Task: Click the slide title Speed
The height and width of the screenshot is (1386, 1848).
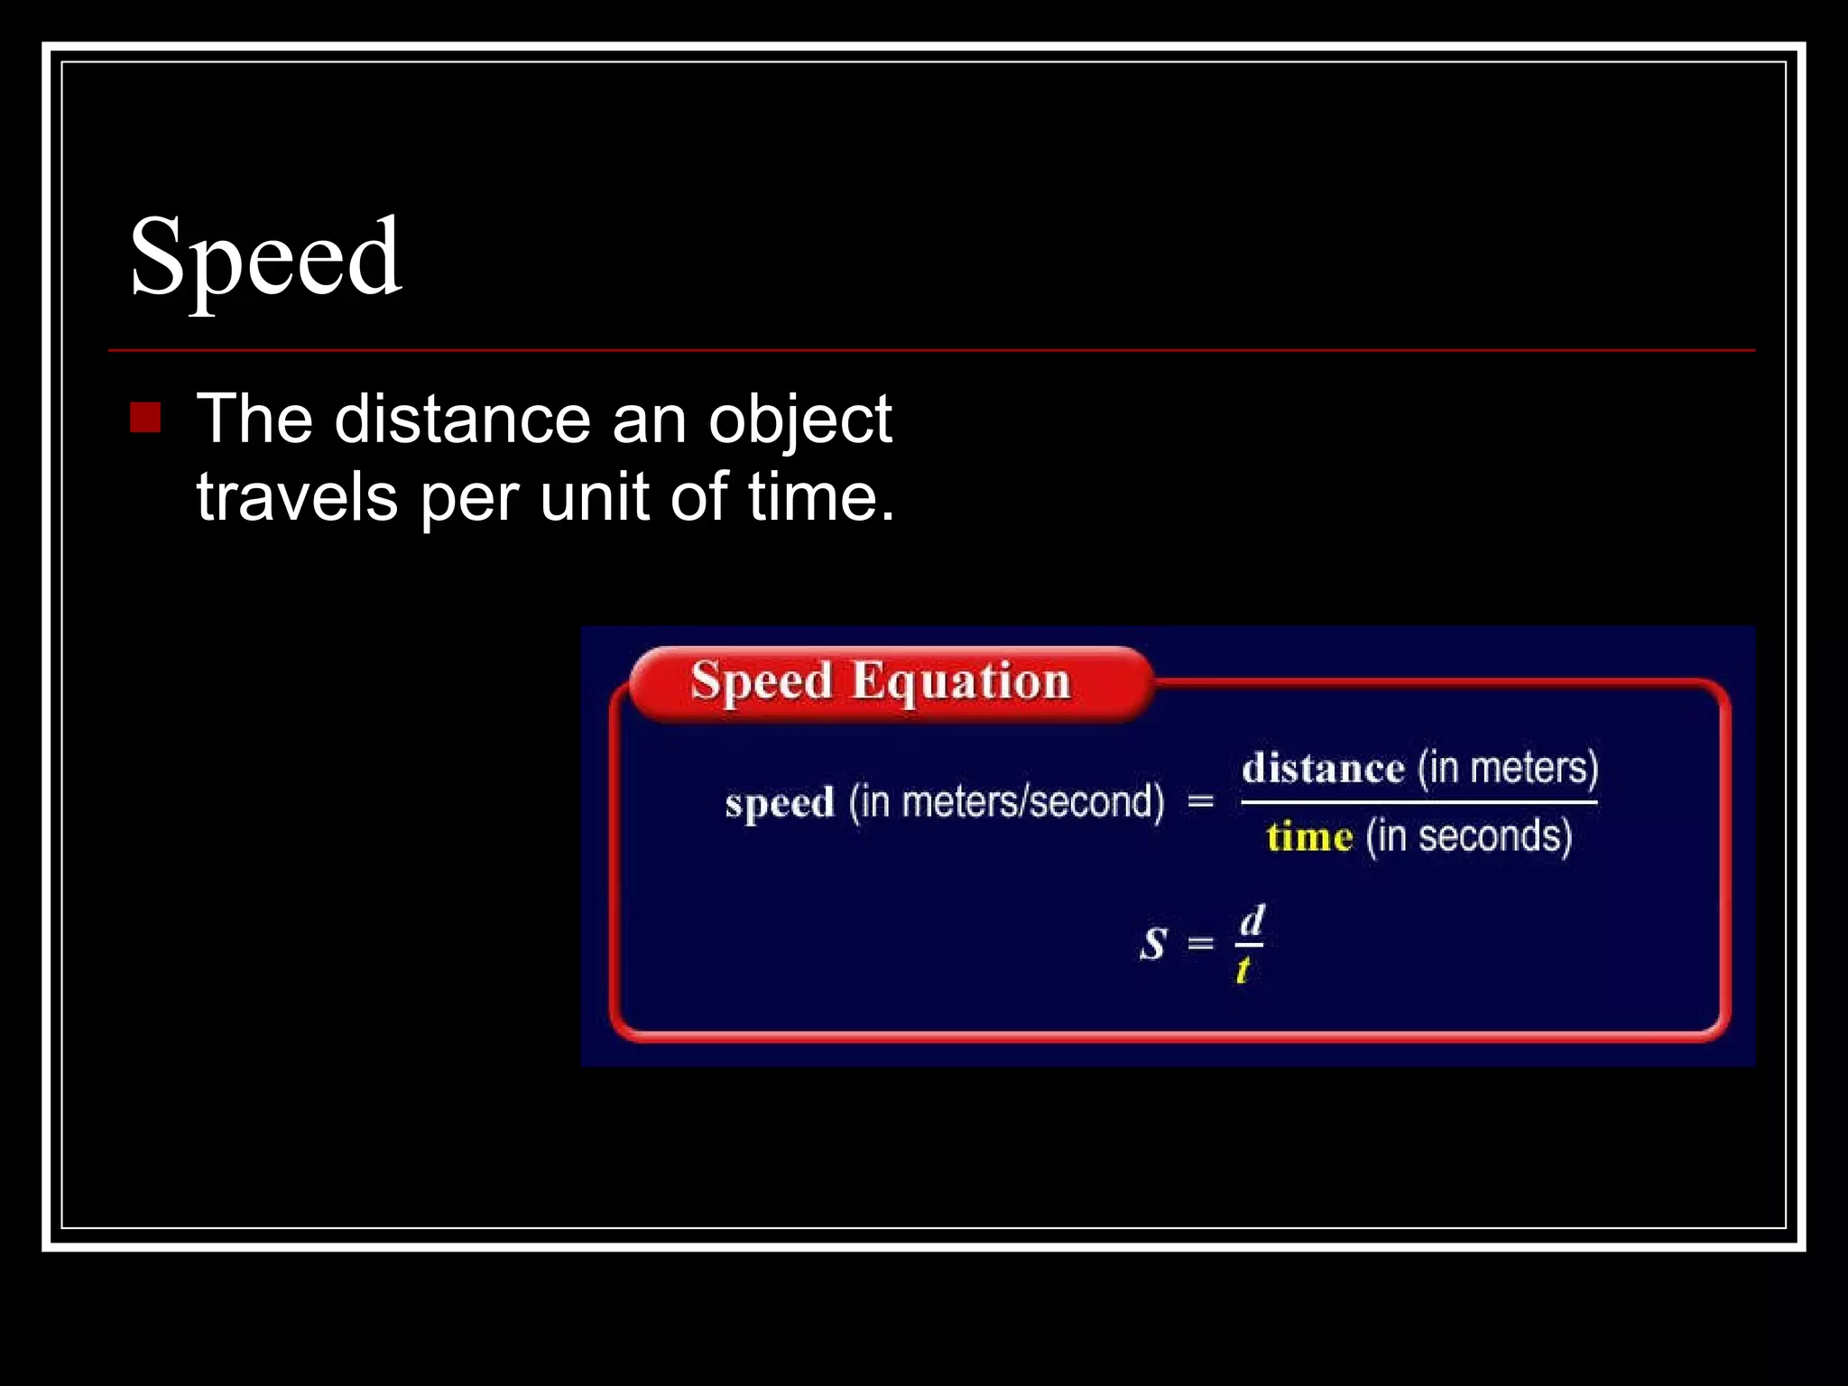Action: pyautogui.click(x=265, y=258)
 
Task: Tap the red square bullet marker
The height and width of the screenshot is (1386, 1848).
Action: pyautogui.click(x=145, y=418)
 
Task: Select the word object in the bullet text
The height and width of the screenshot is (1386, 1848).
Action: pyautogui.click(x=799, y=420)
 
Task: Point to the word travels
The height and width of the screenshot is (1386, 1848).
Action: pyautogui.click(x=297, y=496)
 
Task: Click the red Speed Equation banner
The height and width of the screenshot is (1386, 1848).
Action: pyautogui.click(x=889, y=683)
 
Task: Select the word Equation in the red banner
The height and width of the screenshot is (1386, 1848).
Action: pyautogui.click(x=961, y=681)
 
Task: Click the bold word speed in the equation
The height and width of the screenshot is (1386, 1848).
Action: pyautogui.click(x=780, y=803)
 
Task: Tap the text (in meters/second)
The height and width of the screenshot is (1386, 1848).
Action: pyautogui.click(x=1006, y=801)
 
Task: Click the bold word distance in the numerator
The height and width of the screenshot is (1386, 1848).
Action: pyautogui.click(x=1323, y=769)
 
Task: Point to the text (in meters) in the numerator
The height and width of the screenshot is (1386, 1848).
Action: pyautogui.click(x=1508, y=768)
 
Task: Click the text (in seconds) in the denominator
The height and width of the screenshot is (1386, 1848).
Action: pyautogui.click(x=1469, y=836)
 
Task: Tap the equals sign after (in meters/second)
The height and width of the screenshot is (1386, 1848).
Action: pyautogui.click(x=1200, y=800)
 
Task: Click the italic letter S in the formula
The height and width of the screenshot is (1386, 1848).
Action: pyautogui.click(x=1153, y=944)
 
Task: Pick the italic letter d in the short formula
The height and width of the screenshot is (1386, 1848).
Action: pyautogui.click(x=1252, y=921)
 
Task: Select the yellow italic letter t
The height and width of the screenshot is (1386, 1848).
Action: pyautogui.click(x=1243, y=970)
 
